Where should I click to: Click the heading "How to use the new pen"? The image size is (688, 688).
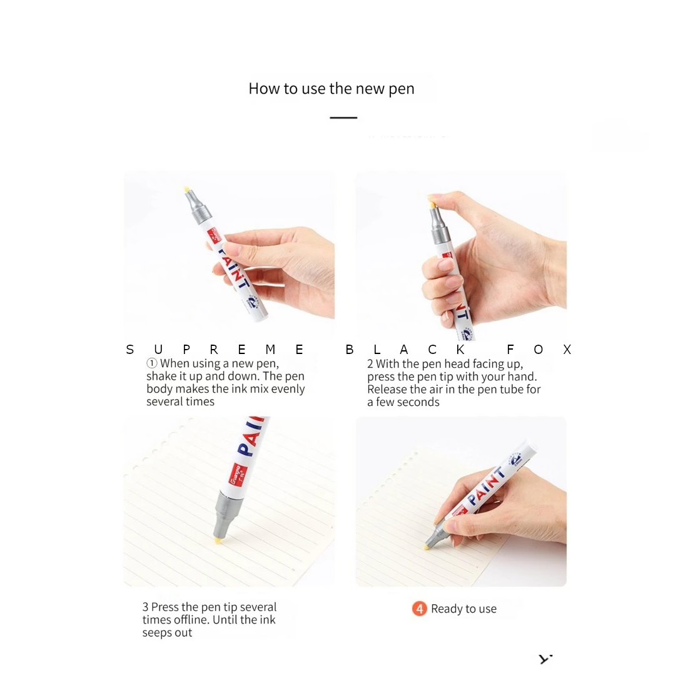pyautogui.click(x=331, y=89)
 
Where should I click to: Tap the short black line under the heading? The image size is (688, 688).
pyautogui.click(x=343, y=118)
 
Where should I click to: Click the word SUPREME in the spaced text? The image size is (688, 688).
pyautogui.click(x=215, y=350)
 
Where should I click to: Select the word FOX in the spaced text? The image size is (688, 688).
pyautogui.click(x=539, y=350)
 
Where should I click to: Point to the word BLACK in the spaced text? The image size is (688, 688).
pyautogui.click(x=405, y=350)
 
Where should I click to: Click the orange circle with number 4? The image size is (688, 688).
pyautogui.click(x=419, y=609)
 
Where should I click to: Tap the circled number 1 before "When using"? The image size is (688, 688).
pyautogui.click(x=151, y=363)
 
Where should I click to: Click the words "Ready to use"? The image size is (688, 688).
pyautogui.click(x=463, y=609)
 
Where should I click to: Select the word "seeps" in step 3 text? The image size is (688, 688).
pyautogui.click(x=157, y=633)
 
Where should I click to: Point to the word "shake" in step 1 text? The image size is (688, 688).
pyautogui.click(x=161, y=377)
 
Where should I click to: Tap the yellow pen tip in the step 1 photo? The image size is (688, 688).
pyautogui.click(x=187, y=189)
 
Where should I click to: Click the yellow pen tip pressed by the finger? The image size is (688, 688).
pyautogui.click(x=431, y=202)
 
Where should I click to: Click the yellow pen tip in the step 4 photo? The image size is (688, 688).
pyautogui.click(x=426, y=547)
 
